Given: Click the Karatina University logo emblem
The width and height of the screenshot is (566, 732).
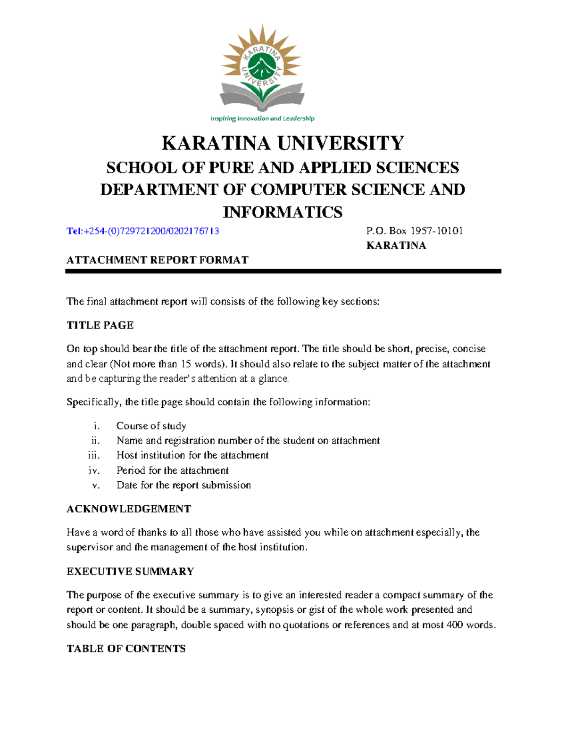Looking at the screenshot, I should pyautogui.click(x=262, y=68).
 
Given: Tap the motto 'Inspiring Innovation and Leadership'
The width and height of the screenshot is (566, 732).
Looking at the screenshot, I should pyautogui.click(x=262, y=118).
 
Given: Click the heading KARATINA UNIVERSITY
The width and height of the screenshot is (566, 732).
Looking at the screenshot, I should pyautogui.click(x=283, y=143).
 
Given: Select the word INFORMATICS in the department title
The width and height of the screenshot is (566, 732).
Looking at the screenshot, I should pyautogui.click(x=283, y=212).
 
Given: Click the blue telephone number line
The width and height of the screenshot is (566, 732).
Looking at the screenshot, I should pyautogui.click(x=143, y=231).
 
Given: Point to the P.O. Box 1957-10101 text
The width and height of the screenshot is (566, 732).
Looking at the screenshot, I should pyautogui.click(x=415, y=231).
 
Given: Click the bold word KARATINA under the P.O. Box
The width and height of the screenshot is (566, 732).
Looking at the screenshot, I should pyautogui.click(x=396, y=246).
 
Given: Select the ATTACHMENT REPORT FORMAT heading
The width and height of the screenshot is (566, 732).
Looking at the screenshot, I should pyautogui.click(x=158, y=260).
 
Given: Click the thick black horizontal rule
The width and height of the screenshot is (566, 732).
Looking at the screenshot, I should pyautogui.click(x=283, y=271).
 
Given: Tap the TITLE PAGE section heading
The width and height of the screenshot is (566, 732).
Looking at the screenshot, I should pyautogui.click(x=100, y=325).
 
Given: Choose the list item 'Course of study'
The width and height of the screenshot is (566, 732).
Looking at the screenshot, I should pyautogui.click(x=151, y=426).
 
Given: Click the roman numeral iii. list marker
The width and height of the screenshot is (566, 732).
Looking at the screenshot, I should pyautogui.click(x=94, y=455).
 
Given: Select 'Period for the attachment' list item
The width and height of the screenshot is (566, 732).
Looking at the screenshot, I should pyautogui.click(x=173, y=470).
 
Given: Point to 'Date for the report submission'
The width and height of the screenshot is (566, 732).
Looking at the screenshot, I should pyautogui.click(x=183, y=485).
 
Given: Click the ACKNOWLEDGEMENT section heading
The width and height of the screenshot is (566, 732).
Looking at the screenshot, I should pyautogui.click(x=129, y=509).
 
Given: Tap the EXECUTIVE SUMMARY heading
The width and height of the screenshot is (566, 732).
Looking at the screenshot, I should pyautogui.click(x=130, y=571).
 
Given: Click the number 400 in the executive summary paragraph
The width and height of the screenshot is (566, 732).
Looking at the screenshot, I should pyautogui.click(x=454, y=625).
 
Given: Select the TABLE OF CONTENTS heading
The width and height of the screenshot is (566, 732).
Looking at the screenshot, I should pyautogui.click(x=126, y=649).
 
